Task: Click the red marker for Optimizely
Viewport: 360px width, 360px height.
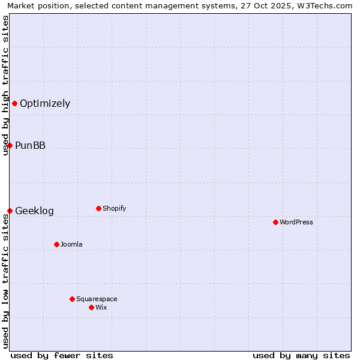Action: click(x=14, y=103)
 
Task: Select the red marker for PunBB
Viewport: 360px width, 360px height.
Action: click(x=10, y=145)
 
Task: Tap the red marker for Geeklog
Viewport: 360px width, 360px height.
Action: click(x=10, y=211)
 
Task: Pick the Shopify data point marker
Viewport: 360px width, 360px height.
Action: click(x=98, y=208)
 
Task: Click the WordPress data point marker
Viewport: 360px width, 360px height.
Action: click(x=275, y=222)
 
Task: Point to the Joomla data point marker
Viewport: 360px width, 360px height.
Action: click(x=56, y=244)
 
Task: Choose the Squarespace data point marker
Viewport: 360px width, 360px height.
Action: click(x=72, y=299)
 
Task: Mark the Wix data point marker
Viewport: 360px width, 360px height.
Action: click(x=91, y=307)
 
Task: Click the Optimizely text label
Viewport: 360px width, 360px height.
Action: click(x=45, y=103)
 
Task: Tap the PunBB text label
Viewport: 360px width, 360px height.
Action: click(x=30, y=145)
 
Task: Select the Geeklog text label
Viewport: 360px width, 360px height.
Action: click(x=34, y=211)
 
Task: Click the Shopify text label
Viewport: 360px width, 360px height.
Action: click(x=114, y=208)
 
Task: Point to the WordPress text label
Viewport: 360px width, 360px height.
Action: click(x=296, y=222)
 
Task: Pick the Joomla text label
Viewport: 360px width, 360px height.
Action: click(x=71, y=244)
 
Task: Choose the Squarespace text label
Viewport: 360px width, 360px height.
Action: click(x=97, y=299)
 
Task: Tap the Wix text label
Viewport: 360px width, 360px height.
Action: click(x=101, y=307)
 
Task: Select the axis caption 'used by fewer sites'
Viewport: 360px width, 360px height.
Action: click(x=62, y=355)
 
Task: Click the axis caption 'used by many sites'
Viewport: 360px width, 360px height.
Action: click(x=301, y=355)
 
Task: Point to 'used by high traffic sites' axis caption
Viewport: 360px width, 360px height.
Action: click(x=5, y=85)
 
